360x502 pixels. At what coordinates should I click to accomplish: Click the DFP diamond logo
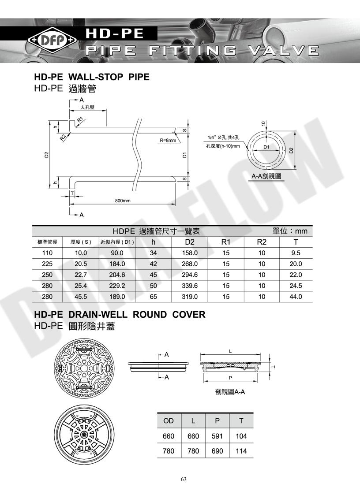pos(52,41)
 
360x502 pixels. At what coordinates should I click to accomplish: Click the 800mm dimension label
pos(123,201)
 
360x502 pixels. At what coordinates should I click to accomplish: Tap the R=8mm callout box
pos(168,140)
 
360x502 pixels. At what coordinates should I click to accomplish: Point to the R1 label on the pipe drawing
pos(80,120)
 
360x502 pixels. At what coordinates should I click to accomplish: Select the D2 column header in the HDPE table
pos(190,242)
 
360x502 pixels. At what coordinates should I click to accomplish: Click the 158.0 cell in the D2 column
pos(190,253)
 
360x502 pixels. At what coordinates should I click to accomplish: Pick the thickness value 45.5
pos(81,297)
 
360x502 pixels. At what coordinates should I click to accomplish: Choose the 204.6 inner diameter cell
pos(117,275)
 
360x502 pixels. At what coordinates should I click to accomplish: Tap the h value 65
pos(154,297)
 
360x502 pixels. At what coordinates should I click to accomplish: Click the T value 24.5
pos(296,286)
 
